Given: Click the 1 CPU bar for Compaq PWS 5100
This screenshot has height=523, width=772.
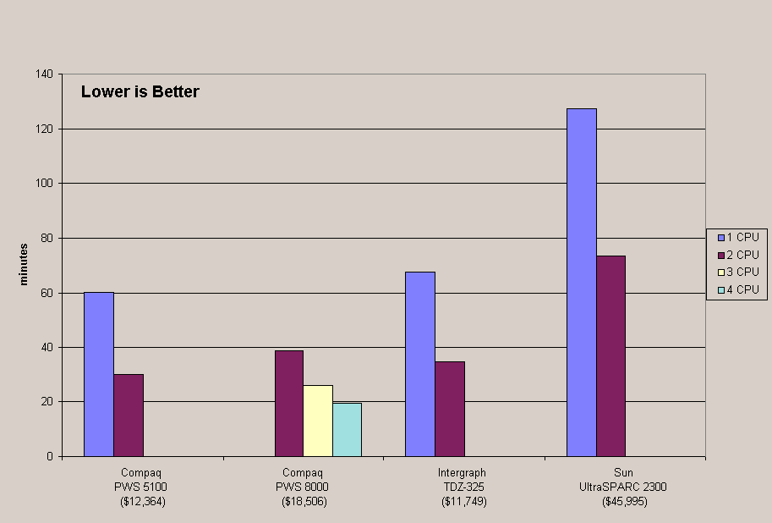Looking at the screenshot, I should point(99,374).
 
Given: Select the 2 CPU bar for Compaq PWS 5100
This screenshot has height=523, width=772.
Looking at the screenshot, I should point(129,415).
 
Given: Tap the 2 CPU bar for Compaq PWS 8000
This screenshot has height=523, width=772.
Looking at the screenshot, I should point(288,403).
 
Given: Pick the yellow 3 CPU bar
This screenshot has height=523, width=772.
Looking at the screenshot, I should point(318,421).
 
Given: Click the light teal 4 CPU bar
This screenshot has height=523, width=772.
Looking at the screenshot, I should point(347,429).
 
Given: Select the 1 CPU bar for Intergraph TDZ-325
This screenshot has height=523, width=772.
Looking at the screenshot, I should point(420,364).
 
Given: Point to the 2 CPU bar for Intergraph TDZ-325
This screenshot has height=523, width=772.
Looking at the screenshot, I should point(450,409).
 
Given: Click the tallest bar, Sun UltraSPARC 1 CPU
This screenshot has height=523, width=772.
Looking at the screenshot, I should point(582,282).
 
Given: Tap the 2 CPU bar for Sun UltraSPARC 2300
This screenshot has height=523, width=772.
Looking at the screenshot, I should point(610,355).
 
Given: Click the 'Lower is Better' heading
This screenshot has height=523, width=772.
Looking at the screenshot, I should point(140,92).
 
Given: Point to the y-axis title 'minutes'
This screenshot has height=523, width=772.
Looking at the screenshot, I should point(25,264).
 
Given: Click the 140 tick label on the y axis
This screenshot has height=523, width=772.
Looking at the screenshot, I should point(45,74).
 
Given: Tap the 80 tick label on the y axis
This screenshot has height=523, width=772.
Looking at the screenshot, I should point(47,238).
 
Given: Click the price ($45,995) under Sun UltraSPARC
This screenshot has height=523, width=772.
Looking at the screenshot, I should point(623,502).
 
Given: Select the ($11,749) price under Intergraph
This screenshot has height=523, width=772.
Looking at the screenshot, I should point(463,502).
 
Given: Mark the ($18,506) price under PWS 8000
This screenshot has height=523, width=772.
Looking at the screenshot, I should point(304,502).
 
